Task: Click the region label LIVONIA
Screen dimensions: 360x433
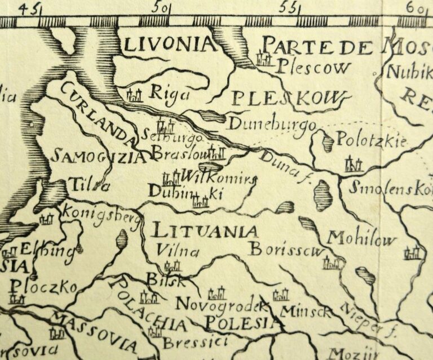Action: coord(169,45)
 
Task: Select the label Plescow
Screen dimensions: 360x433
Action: coord(313,67)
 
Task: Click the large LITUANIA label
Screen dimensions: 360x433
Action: coord(205,230)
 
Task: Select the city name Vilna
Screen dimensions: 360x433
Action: coord(178,251)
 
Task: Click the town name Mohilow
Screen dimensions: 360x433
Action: coord(362,239)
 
